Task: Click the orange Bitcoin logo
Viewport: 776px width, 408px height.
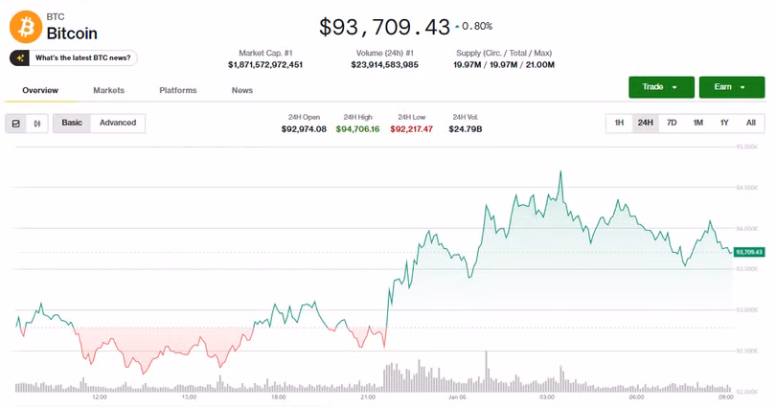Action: pos(25,26)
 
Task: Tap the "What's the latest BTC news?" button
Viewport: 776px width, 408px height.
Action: pos(74,58)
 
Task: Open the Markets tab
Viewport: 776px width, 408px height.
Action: pos(108,90)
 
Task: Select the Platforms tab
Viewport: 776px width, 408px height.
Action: pos(178,90)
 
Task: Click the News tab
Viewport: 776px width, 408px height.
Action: pos(242,90)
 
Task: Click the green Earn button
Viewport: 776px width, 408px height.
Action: pos(731,87)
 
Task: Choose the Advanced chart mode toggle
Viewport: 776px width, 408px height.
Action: pos(118,123)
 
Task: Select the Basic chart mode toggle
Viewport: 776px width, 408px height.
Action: pos(72,123)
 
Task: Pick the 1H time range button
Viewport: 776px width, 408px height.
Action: pos(619,123)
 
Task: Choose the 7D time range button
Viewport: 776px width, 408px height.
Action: pos(672,123)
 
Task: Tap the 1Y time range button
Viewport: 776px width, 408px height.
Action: pos(724,123)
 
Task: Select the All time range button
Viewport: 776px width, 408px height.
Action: pos(751,123)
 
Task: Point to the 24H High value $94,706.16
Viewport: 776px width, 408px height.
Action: pos(357,128)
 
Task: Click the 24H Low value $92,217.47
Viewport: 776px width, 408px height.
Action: pos(411,128)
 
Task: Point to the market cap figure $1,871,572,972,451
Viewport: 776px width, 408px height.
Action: pos(265,65)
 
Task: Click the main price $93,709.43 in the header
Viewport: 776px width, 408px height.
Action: pos(384,27)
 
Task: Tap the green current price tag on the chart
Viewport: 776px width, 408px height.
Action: pos(749,252)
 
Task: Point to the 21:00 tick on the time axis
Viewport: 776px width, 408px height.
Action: pos(368,397)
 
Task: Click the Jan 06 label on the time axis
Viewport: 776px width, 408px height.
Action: pos(457,397)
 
